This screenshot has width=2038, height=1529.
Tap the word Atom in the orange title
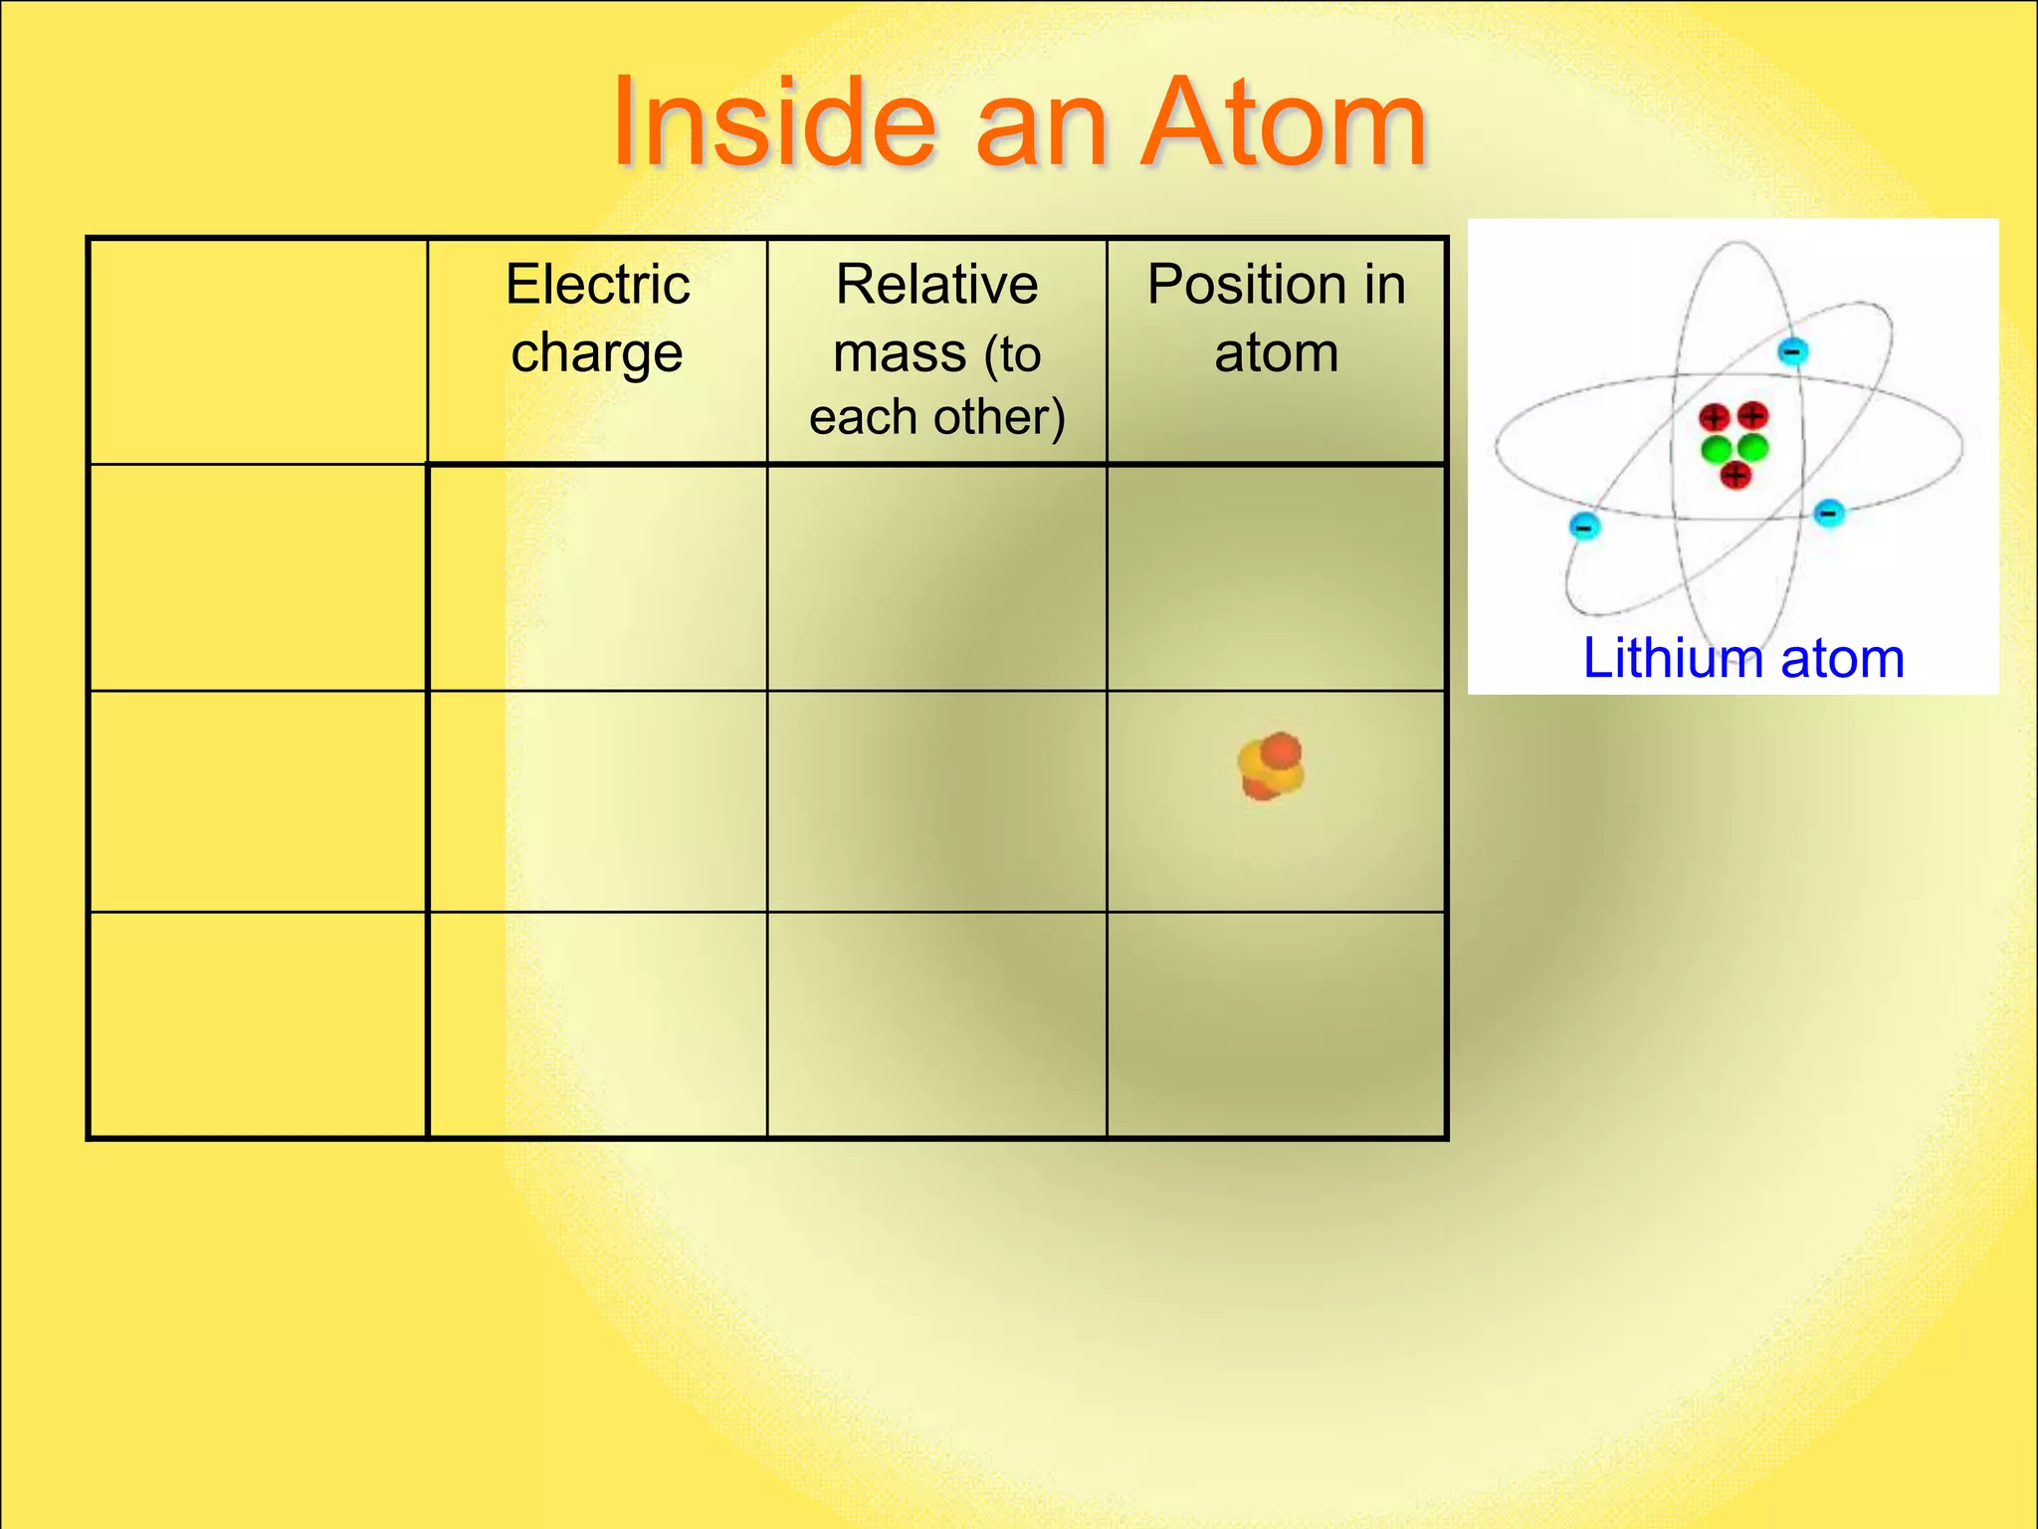tap(1283, 123)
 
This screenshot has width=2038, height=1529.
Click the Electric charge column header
tap(597, 319)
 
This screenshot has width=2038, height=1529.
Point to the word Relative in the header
tap(936, 285)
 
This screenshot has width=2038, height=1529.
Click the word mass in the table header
tap(900, 354)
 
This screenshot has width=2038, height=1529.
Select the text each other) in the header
tap(936, 417)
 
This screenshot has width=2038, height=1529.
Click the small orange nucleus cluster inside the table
tap(1271, 766)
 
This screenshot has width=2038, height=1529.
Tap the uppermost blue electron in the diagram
tap(1792, 351)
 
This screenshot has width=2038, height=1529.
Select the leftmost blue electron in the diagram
tap(1584, 525)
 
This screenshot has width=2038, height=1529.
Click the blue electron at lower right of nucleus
tap(1829, 514)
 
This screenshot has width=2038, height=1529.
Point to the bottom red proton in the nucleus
tap(1735, 476)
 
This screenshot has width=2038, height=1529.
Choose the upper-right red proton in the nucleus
tap(1752, 415)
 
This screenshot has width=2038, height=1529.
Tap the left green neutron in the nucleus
tap(1716, 449)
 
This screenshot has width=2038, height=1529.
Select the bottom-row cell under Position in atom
tap(1276, 1024)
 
